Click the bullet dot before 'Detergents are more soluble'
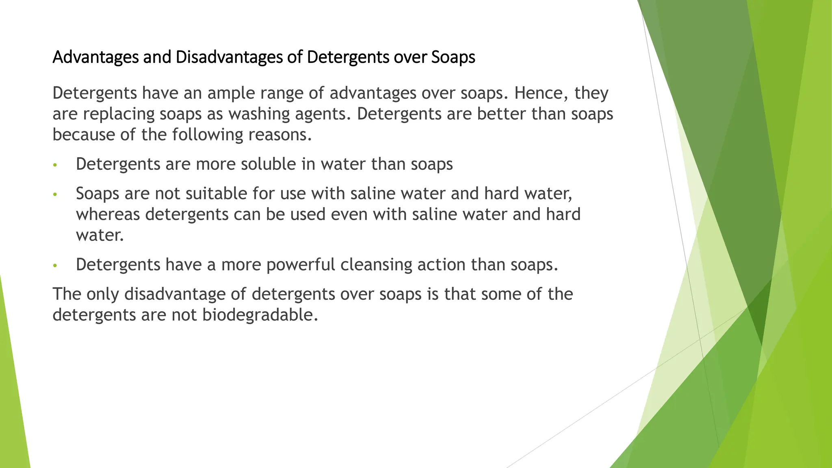coord(55,165)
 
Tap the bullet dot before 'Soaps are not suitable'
coord(55,195)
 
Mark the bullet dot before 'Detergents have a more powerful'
coord(55,266)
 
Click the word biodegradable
coord(260,315)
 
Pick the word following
coord(208,134)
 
